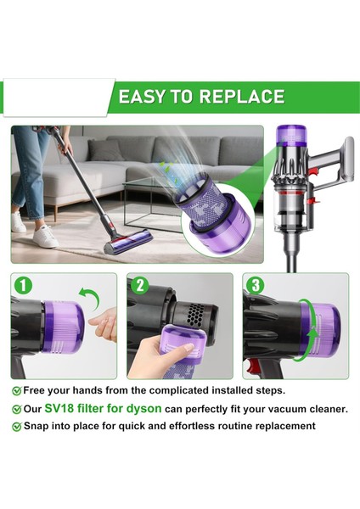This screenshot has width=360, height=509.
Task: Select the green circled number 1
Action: pos(24,287)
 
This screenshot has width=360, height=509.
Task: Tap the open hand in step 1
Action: pos(104,325)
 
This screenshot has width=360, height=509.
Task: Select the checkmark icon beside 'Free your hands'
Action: pos(16,391)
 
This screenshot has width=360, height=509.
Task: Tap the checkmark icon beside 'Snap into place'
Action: pos(16,426)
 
